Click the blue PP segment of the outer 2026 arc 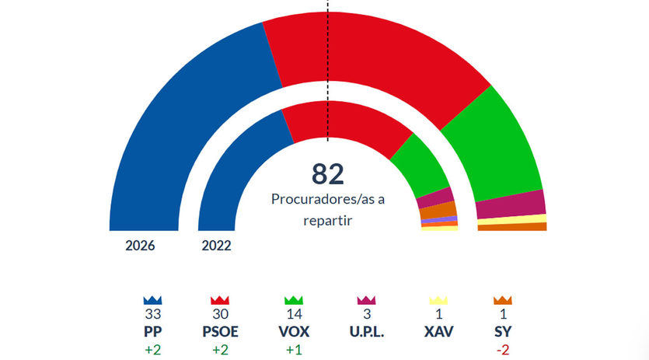click(x=187, y=124)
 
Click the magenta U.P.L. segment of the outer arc click(x=510, y=204)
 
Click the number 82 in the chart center click(x=327, y=173)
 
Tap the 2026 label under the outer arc click(x=141, y=246)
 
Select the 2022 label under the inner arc click(x=217, y=246)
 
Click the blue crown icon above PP click(x=152, y=299)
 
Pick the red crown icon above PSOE click(x=220, y=299)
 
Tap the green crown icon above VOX click(x=293, y=299)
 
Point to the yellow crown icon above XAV click(x=439, y=299)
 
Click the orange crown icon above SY click(x=503, y=299)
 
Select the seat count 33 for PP click(x=152, y=315)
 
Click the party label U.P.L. click(x=367, y=332)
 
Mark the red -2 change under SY click(x=503, y=349)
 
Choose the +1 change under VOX click(x=293, y=349)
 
